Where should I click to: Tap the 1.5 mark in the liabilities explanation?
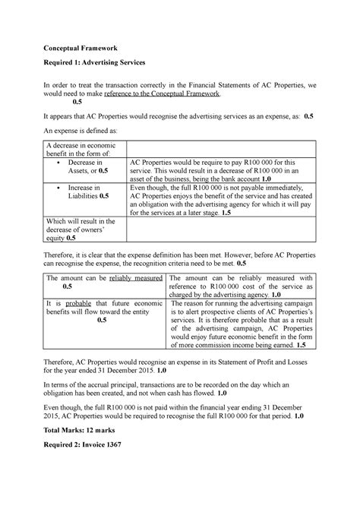click(x=226, y=213)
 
